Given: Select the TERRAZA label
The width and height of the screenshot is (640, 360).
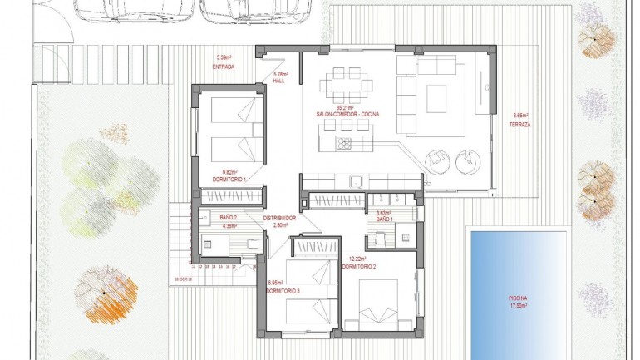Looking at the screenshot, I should [x=520, y=125].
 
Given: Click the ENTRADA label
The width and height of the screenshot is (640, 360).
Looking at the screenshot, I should [x=224, y=66].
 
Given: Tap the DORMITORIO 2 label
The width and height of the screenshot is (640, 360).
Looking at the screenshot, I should [x=364, y=267].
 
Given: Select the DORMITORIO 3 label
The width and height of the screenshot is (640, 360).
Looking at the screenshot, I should [x=283, y=290].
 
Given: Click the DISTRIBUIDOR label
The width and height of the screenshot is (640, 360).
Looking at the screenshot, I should [x=280, y=218].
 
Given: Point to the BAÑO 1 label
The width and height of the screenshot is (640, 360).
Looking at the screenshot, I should [x=384, y=219].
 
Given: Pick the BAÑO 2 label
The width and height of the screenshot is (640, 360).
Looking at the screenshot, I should [x=229, y=217].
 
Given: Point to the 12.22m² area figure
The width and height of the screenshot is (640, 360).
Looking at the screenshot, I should [x=358, y=259].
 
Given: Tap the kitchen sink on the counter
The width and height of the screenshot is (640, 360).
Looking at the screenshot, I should [x=355, y=182].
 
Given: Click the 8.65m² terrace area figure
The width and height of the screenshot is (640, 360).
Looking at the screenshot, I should [x=520, y=116].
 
